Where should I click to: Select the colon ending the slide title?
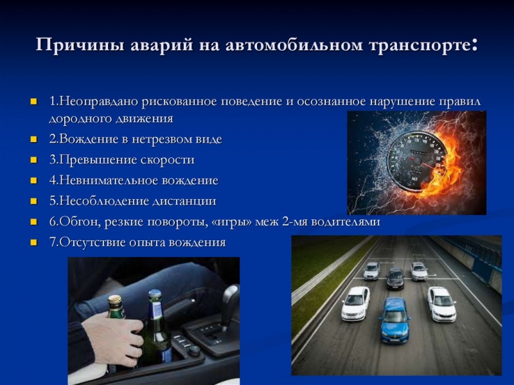474,46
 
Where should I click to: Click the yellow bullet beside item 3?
34,160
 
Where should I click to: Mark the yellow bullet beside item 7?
34,242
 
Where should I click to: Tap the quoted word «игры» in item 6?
238,222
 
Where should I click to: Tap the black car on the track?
395,278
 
